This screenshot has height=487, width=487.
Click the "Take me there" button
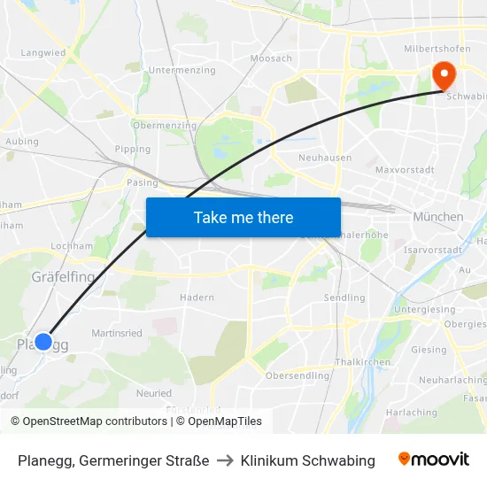tap(243, 217)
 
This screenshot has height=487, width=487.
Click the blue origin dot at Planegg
tap(43, 341)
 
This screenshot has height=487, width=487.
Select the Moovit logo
tap(434, 460)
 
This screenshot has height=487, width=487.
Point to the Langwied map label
tap(43, 53)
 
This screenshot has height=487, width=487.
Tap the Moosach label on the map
tap(271, 58)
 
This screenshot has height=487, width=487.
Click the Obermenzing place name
tap(164, 126)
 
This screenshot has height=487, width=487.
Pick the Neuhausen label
tap(325, 158)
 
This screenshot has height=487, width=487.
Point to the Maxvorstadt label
tap(403, 168)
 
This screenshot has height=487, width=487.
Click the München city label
tap(437, 217)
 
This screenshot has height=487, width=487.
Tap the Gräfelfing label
tap(63, 276)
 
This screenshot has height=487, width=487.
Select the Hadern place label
tap(197, 298)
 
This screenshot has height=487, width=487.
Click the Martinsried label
tap(117, 333)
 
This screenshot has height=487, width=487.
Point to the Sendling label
tap(344, 298)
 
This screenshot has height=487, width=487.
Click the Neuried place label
tap(154, 393)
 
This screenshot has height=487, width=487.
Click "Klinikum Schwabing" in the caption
tap(307, 460)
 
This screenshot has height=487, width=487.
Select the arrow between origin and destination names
tap(225, 460)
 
